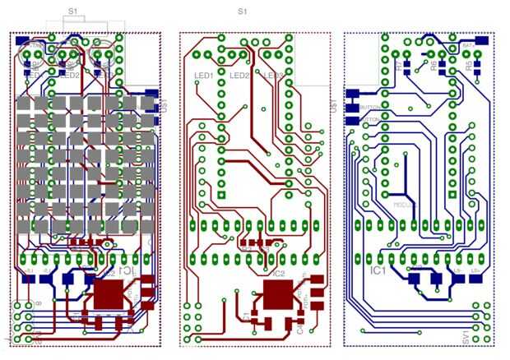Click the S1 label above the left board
[x=72, y=12]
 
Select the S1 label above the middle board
[x=242, y=12]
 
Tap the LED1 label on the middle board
[x=203, y=76]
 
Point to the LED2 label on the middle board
[x=240, y=76]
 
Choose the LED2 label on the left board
[x=69, y=75]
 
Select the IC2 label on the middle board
[x=278, y=273]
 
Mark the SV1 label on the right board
[x=466, y=337]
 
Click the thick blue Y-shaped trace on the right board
[x=404, y=177]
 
